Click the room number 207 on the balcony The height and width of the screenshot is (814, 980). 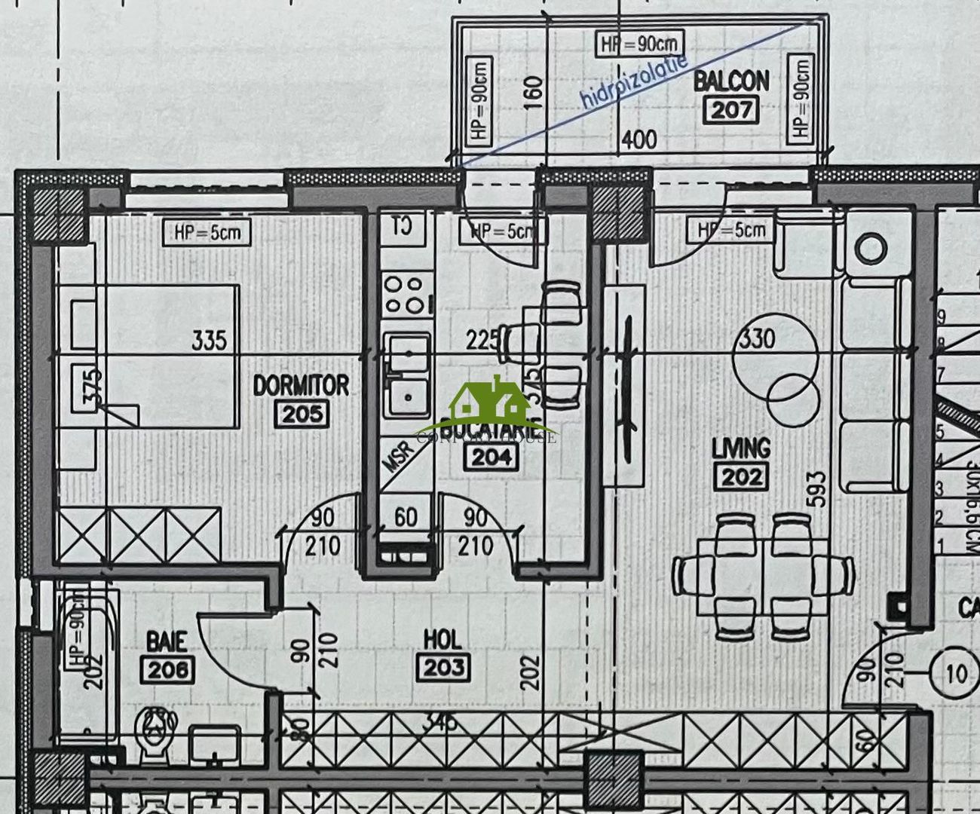[x=731, y=110]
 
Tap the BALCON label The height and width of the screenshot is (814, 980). [x=730, y=81]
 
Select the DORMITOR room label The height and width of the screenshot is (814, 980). [x=301, y=386]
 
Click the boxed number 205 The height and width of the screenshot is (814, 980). [x=302, y=414]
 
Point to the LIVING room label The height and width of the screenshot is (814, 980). [x=741, y=448]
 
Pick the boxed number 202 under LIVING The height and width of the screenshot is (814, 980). [x=743, y=476]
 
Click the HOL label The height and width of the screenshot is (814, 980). [x=443, y=640]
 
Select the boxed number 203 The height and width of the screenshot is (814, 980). [x=443, y=667]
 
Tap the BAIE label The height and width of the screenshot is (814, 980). [x=167, y=641]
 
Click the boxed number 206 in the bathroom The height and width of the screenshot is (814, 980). [x=167, y=669]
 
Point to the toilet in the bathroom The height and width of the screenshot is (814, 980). [x=155, y=735]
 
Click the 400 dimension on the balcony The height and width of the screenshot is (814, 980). [x=638, y=139]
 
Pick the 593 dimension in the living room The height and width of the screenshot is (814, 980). [x=816, y=489]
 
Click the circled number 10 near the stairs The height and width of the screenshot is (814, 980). [x=955, y=672]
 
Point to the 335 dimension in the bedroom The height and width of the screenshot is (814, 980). [x=209, y=340]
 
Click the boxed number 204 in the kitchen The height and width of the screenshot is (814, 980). [x=491, y=456]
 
